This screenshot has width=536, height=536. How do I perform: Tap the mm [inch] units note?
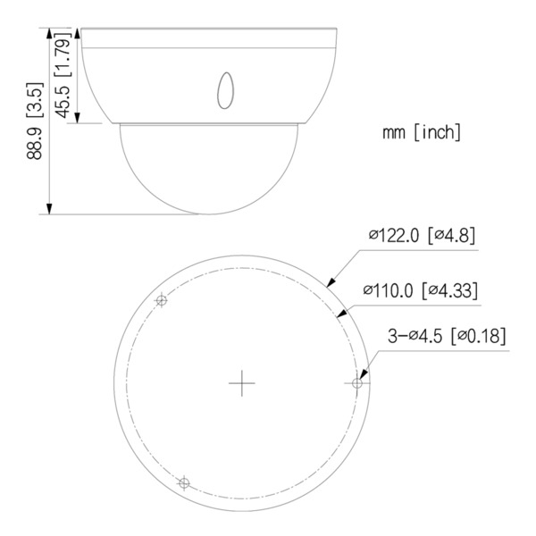[421, 134]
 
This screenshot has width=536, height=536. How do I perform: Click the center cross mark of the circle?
[241, 383]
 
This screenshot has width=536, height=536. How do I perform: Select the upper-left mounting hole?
[162, 301]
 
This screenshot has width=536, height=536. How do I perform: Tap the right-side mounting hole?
[357, 382]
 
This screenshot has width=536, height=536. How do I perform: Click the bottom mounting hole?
[184, 483]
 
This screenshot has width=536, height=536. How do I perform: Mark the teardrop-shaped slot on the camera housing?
[224, 89]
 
